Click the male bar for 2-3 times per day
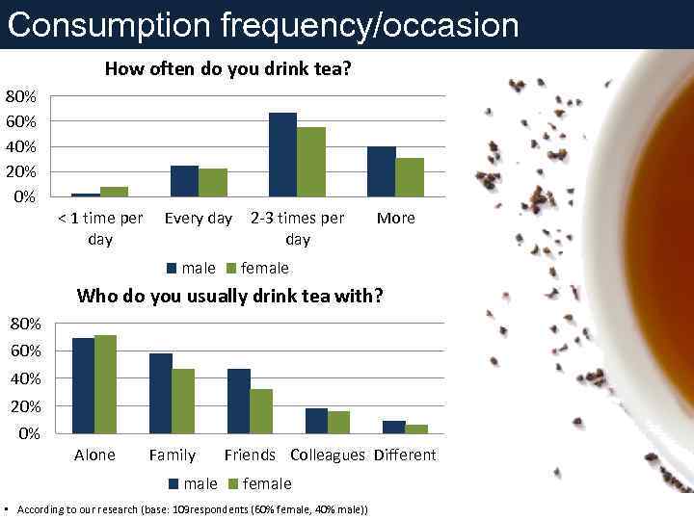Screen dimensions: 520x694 coord(282,154)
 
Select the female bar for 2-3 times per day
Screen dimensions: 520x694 coord(311,161)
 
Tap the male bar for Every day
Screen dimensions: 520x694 coord(184,180)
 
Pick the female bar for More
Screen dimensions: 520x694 coord(410,176)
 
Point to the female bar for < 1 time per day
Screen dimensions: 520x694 coord(114,191)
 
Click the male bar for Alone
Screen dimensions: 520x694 coord(83,385)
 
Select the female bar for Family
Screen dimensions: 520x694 coord(183,401)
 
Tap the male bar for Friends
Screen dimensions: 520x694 coord(238,401)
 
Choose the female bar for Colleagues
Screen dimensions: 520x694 coord(338,422)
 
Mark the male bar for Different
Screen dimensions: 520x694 coord(393,427)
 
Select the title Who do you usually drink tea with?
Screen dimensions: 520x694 coord(229,295)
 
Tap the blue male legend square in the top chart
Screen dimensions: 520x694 coord(172,268)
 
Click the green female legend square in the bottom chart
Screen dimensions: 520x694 coord(232,483)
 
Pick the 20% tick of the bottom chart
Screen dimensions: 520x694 coord(25,405)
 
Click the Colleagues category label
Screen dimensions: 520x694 coord(328,455)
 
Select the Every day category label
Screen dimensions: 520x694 coord(199,218)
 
